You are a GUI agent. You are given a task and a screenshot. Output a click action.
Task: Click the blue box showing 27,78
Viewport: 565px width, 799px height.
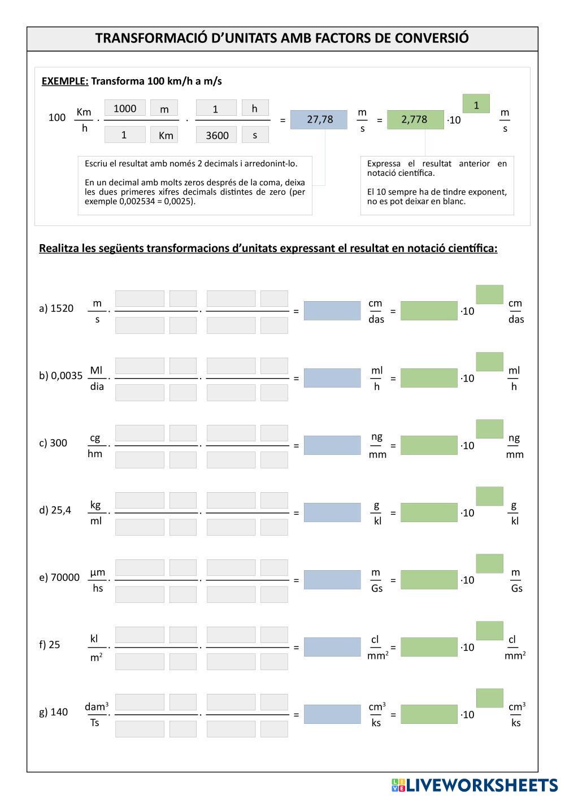click(x=319, y=119)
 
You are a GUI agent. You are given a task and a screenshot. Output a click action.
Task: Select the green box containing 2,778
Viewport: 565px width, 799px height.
click(x=415, y=119)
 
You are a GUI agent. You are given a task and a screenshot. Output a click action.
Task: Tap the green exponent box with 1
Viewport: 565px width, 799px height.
click(x=476, y=105)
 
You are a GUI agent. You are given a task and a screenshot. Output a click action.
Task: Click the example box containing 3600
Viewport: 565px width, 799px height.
click(x=217, y=135)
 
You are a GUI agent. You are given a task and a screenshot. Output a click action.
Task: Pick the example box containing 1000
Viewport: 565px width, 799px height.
click(x=125, y=108)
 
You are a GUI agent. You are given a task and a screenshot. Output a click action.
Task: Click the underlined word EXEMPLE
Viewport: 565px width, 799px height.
click(x=65, y=81)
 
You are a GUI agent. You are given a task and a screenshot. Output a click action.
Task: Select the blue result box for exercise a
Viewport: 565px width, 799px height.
click(x=332, y=310)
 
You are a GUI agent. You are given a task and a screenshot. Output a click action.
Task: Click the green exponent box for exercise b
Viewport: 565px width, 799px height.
click(x=489, y=362)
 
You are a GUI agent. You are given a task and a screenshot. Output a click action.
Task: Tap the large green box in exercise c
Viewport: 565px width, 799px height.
click(x=428, y=445)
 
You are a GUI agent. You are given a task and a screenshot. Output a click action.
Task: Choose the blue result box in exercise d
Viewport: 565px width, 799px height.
click(x=332, y=513)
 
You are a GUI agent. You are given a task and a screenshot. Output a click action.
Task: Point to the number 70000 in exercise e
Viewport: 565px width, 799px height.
click(x=65, y=577)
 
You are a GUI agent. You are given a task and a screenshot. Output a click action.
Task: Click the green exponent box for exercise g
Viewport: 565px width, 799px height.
click(x=489, y=698)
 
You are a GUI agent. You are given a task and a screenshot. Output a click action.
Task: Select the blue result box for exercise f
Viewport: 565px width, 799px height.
click(x=332, y=647)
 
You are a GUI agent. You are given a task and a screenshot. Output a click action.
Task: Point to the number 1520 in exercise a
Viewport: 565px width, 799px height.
click(x=62, y=308)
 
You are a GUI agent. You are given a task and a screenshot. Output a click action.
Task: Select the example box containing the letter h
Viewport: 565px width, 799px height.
click(x=255, y=108)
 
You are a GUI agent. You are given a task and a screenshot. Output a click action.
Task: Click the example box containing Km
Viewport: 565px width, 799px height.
click(x=165, y=135)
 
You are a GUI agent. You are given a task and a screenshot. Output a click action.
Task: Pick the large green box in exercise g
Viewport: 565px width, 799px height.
click(x=428, y=714)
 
